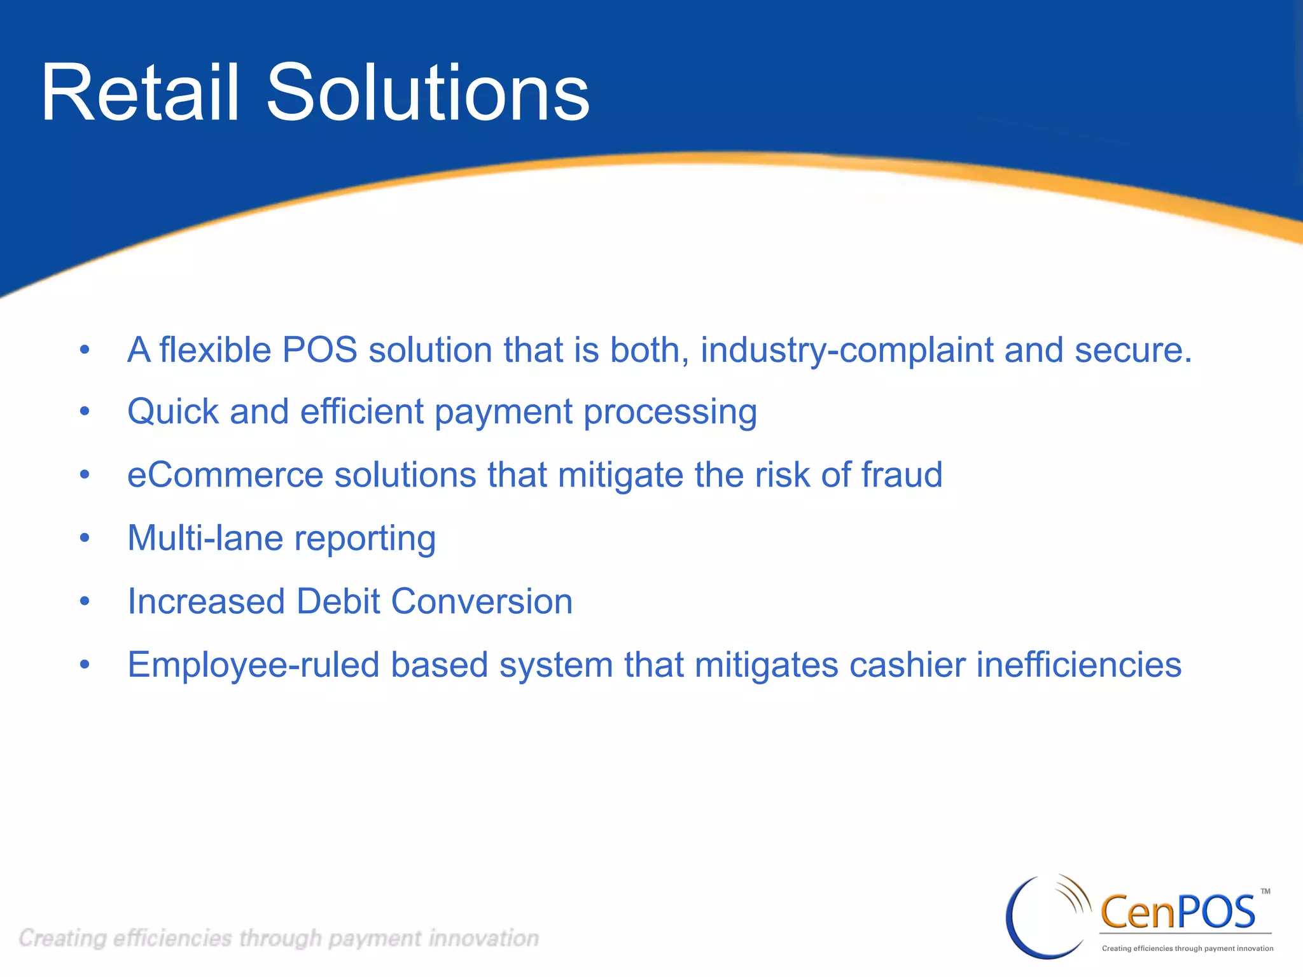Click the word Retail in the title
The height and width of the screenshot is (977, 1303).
click(140, 94)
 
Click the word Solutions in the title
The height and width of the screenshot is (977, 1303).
click(428, 94)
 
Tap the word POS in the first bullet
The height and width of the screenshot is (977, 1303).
click(319, 350)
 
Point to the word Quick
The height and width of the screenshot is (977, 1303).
click(173, 412)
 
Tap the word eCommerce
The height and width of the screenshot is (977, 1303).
click(225, 475)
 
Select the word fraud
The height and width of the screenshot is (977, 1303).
click(902, 475)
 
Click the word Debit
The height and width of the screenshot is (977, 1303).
click(338, 601)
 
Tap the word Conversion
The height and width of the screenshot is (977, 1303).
click(482, 601)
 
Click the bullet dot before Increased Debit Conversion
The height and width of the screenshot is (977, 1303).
click(85, 601)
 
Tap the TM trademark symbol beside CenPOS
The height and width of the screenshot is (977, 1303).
click(1265, 891)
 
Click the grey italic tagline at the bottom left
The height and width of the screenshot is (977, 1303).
click(279, 938)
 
